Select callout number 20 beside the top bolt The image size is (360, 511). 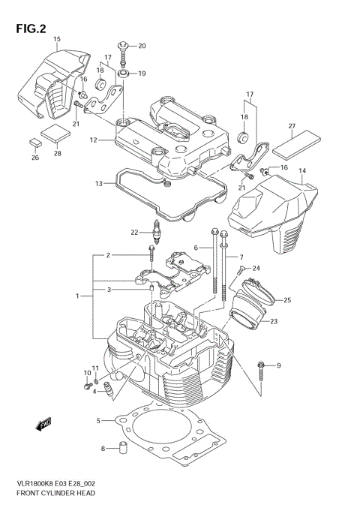[x=142, y=47]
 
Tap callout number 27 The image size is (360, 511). [x=292, y=126]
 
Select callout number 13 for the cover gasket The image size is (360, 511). [x=98, y=184]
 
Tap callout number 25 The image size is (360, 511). [x=286, y=301]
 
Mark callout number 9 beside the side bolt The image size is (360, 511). [x=278, y=365]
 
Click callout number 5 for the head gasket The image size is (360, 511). [x=98, y=421]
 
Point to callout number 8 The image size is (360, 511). [x=103, y=449]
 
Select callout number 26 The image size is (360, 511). [x=34, y=158]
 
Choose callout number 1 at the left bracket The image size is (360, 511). [x=78, y=296]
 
